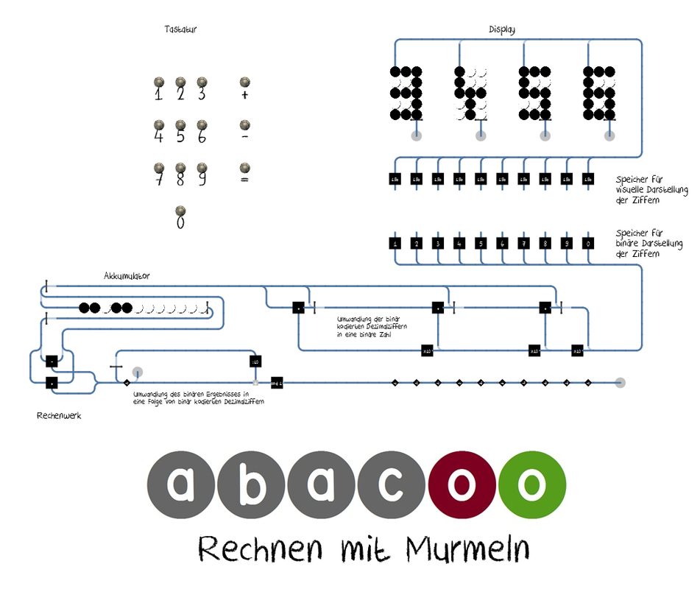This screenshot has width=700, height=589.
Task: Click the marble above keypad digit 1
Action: (158, 82)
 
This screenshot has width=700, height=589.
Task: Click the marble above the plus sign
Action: (244, 82)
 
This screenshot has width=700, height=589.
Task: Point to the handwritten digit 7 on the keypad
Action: (158, 179)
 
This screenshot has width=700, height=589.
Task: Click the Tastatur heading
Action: (180, 30)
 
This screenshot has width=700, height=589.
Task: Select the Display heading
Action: (502, 30)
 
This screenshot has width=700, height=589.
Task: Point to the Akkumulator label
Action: (127, 275)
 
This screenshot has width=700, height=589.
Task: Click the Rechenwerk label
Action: (59, 416)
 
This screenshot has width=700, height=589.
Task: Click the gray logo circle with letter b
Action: (252, 485)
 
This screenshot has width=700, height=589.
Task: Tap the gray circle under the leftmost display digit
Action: (417, 135)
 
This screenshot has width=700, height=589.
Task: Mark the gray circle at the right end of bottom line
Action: (620, 382)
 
